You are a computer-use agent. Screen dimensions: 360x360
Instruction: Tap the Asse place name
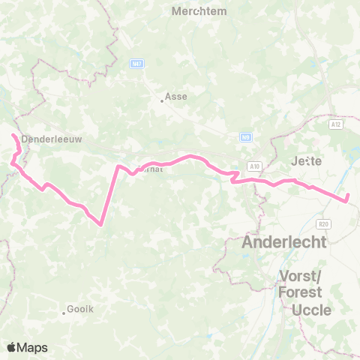(x=177, y=96)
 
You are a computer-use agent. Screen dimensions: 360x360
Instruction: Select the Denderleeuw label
(x=52, y=139)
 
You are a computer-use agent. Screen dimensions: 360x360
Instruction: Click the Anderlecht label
(x=283, y=242)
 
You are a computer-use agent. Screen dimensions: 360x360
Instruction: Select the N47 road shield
(x=136, y=64)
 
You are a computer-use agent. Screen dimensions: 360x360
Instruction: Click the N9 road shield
(x=245, y=137)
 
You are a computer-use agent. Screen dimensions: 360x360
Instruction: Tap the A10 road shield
(x=255, y=166)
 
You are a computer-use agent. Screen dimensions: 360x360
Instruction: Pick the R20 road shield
(x=323, y=223)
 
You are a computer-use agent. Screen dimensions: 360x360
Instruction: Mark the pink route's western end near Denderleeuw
(x=13, y=135)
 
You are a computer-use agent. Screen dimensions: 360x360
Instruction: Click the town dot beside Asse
(x=161, y=101)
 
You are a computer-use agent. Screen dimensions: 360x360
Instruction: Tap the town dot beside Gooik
(x=64, y=313)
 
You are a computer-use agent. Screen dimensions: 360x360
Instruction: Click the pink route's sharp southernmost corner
(x=100, y=223)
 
